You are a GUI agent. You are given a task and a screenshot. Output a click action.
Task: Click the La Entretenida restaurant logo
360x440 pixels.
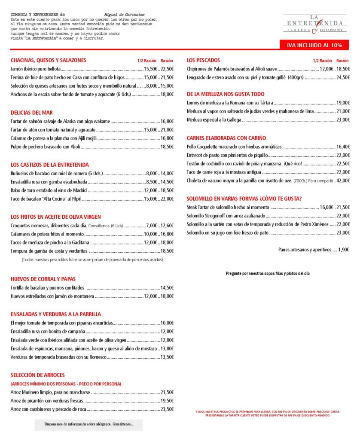tap(315, 24)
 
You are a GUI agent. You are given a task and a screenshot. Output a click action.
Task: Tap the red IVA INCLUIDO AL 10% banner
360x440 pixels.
tap(314, 45)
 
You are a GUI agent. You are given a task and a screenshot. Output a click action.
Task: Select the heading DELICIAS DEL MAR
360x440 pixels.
tap(31, 112)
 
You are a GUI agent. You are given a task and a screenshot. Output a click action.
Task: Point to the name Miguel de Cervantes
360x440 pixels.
tap(125, 15)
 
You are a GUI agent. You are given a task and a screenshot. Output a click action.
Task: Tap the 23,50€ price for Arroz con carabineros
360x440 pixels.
tap(167, 409)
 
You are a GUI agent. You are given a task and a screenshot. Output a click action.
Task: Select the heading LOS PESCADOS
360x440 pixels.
tap(203, 60)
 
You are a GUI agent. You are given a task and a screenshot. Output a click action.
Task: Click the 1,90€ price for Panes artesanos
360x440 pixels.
tap(343, 249)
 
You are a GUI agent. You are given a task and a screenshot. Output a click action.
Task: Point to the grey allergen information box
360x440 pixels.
tap(88, 425)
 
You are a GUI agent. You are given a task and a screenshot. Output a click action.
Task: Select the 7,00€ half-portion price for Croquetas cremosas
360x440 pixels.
tap(152, 226)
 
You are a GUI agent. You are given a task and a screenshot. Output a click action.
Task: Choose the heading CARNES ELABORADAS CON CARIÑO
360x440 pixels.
tap(226, 138)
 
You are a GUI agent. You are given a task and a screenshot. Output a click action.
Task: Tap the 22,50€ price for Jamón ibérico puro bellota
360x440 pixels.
tap(167, 69)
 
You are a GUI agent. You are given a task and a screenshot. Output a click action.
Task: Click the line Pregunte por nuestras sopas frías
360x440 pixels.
tap(268, 273)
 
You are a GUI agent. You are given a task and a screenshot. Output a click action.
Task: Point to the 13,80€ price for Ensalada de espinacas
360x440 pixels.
tap(167, 348)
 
